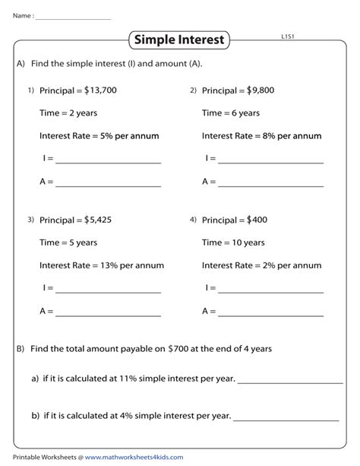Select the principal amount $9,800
[261, 90]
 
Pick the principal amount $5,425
[98, 220]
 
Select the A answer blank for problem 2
[270, 185]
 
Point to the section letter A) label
[21, 65]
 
